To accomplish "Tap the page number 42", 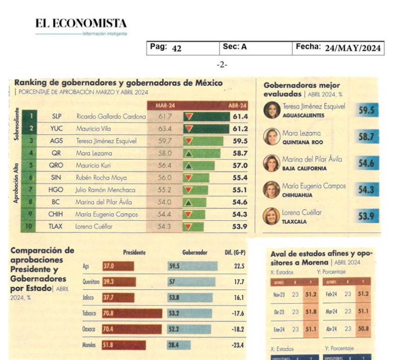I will pos(176,48).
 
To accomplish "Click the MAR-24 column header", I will pos(165,106).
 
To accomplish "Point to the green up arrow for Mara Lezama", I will pos(189,153).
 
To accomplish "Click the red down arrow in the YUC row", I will pos(189,129).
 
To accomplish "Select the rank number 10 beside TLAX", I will pos(30,227).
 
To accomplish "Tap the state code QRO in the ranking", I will pos(56,165).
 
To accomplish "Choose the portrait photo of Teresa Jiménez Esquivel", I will pos(272,110).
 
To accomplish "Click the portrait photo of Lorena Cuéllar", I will pos(271,216).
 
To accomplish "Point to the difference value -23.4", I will pos(237,345).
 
